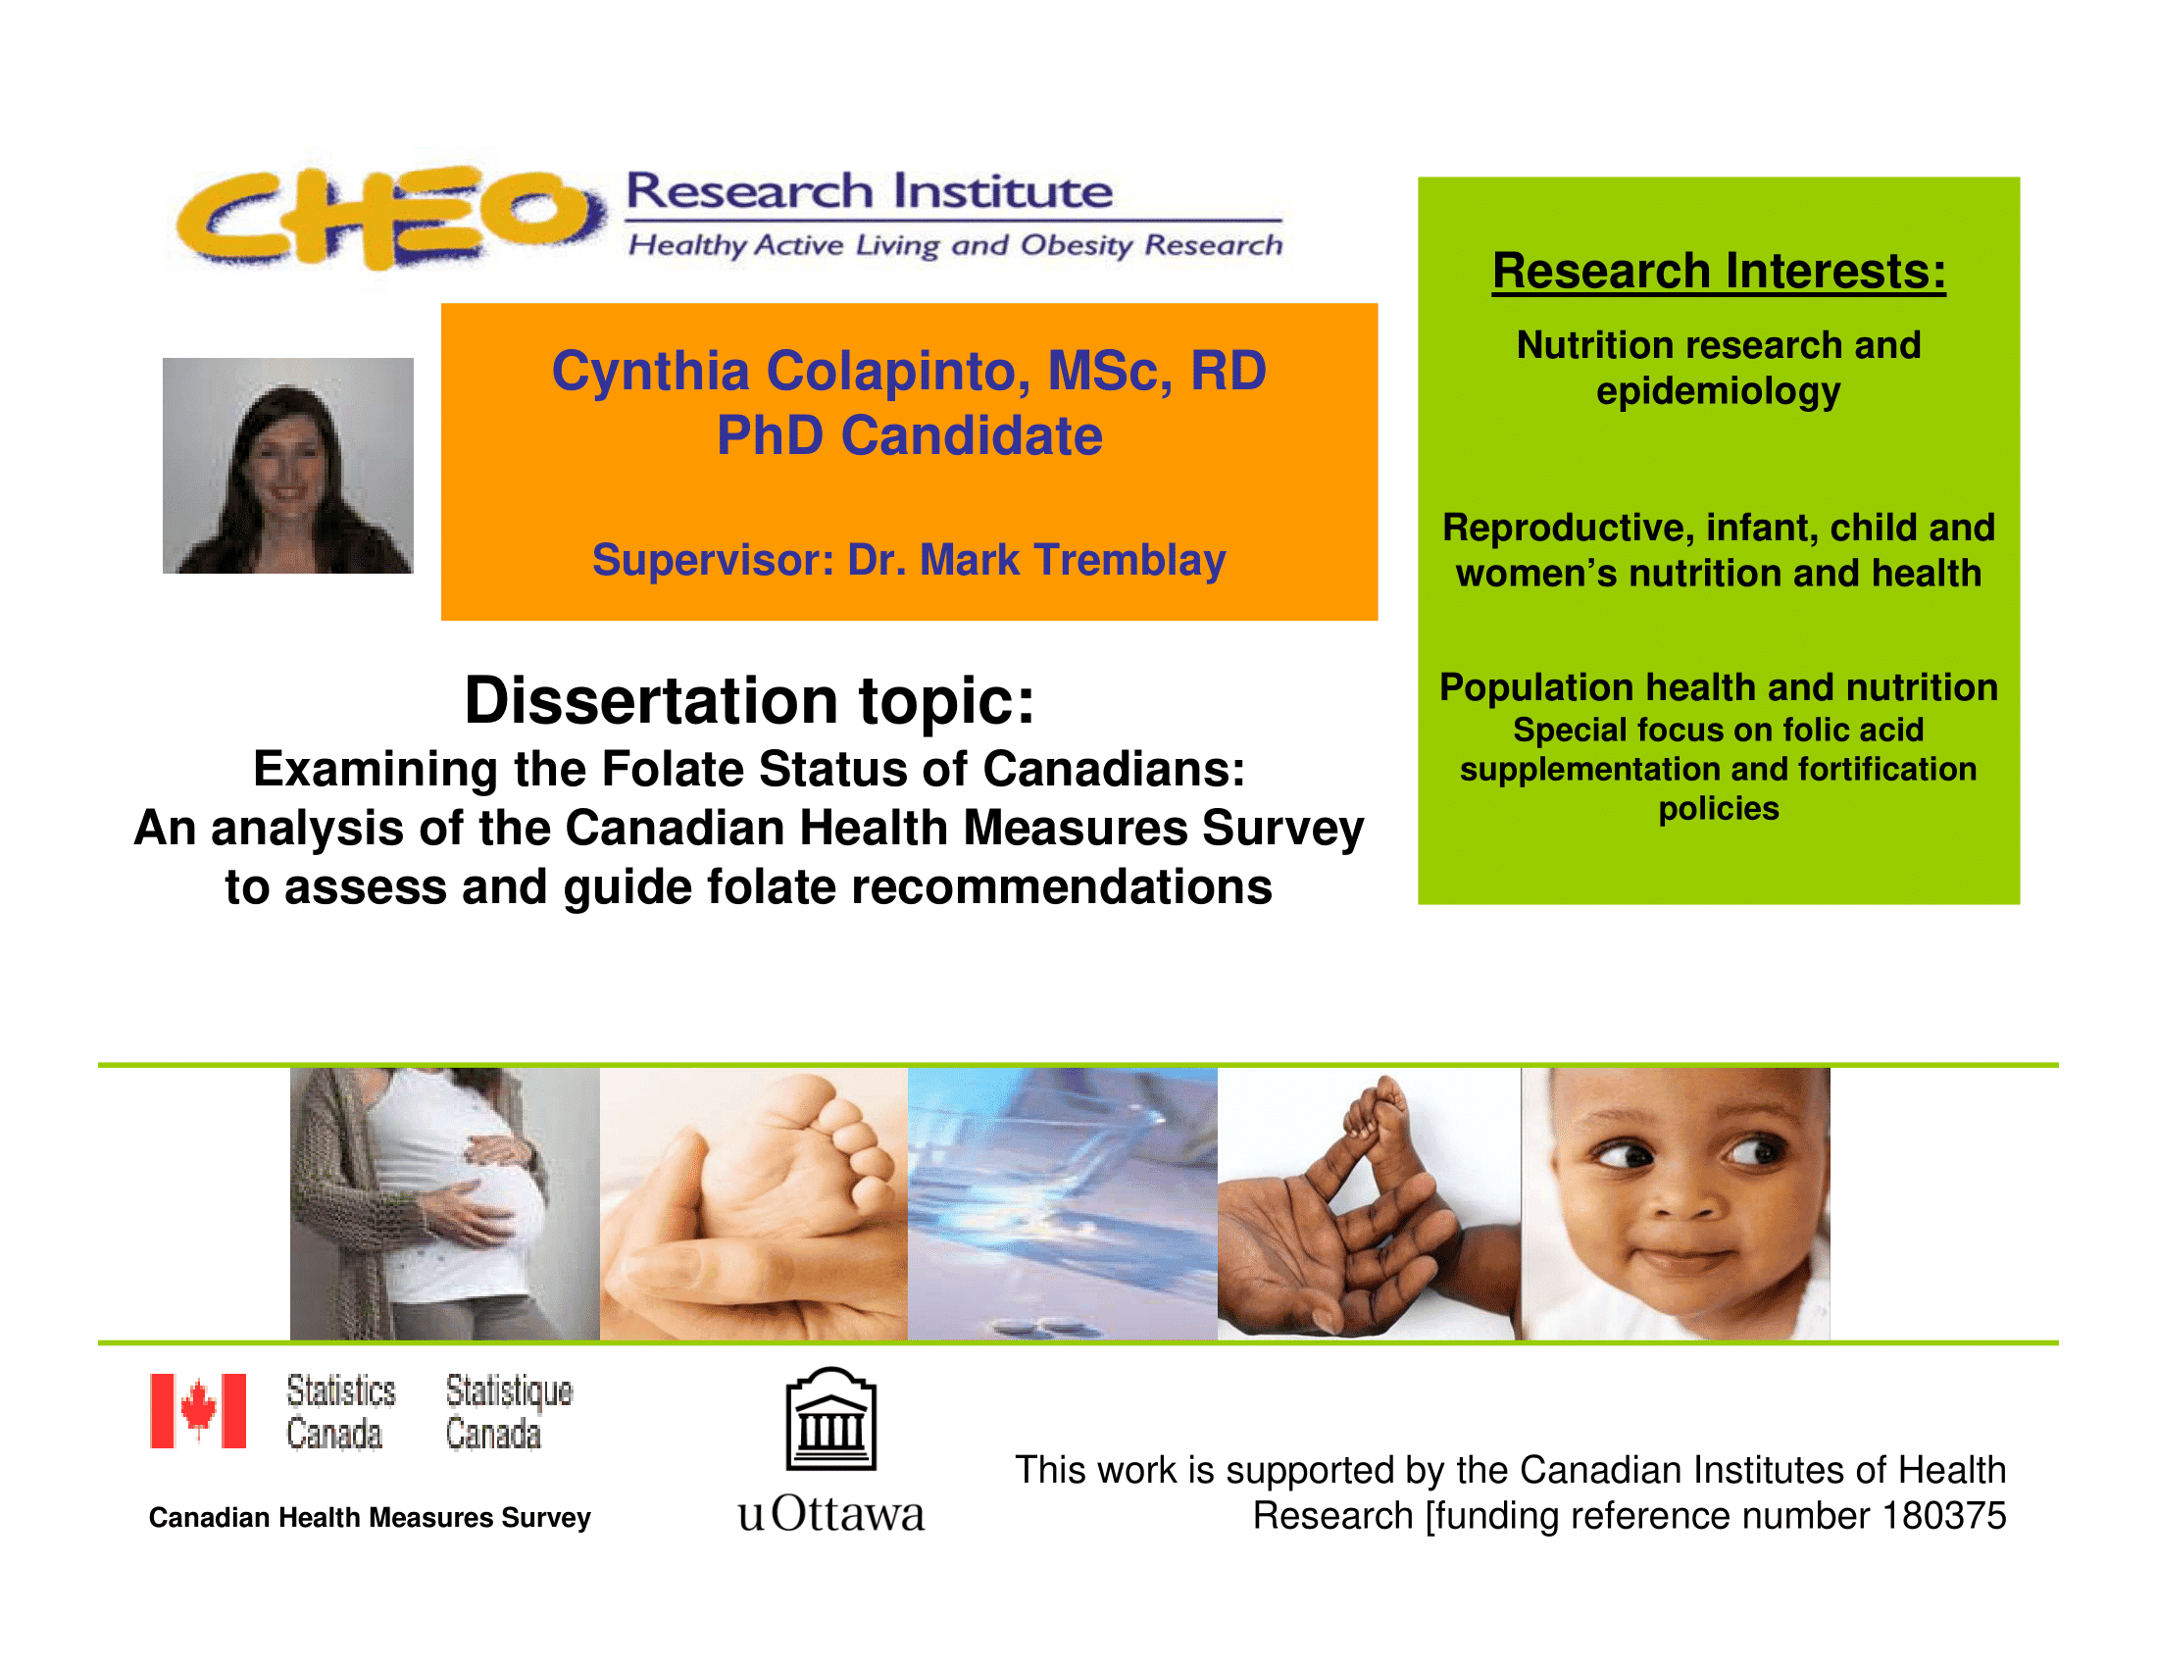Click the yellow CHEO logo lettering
click(390, 218)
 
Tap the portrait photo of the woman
click(287, 465)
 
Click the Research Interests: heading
click(1719, 271)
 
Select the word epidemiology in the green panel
click(1719, 392)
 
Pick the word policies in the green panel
click(1719, 809)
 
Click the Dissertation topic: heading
click(750, 700)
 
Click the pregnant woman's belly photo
click(444, 1204)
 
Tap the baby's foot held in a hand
click(754, 1204)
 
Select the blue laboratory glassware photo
click(1063, 1204)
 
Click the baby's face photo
click(1675, 1204)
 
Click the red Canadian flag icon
click(197, 1410)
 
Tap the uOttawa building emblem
click(830, 1419)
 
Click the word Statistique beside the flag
click(509, 1390)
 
